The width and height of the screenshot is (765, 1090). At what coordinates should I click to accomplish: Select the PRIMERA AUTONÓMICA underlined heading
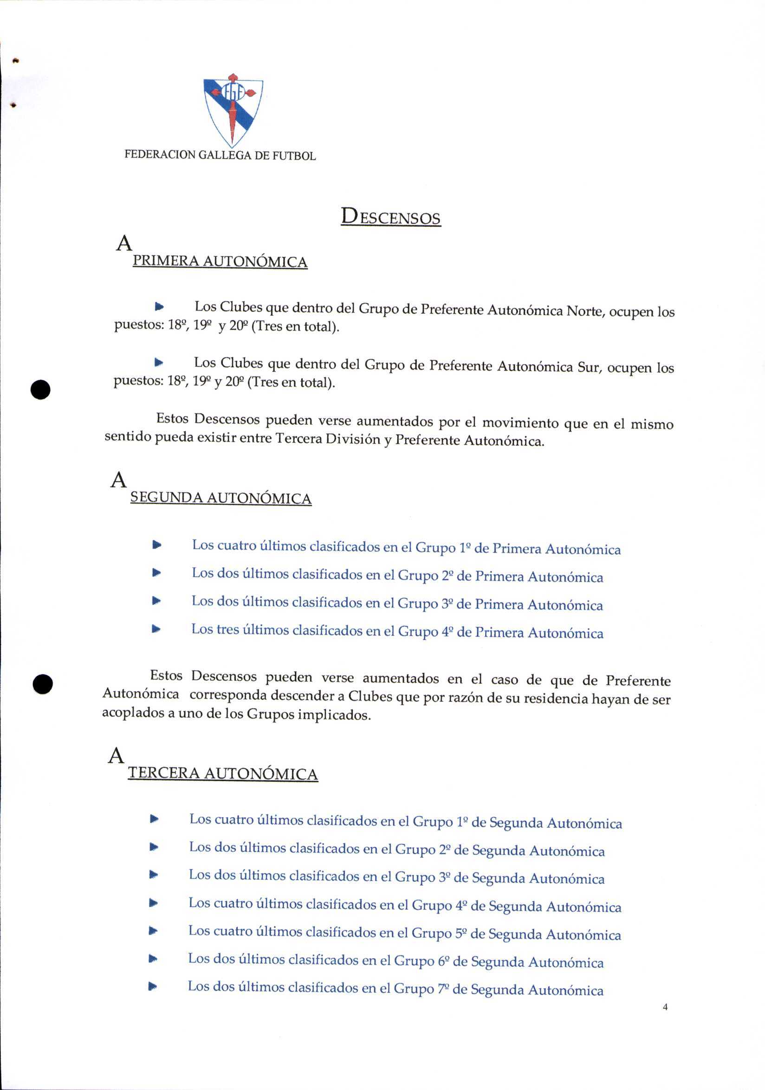pyautogui.click(x=220, y=261)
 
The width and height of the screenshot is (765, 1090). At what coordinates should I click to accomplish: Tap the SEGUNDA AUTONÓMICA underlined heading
pyautogui.click(x=220, y=498)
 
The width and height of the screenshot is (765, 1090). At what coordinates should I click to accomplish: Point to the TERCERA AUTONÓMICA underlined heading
pyautogui.click(x=222, y=773)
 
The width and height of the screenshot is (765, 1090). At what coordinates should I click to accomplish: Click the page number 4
pyautogui.click(x=665, y=1007)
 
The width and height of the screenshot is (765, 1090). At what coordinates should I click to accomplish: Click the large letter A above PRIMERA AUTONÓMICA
pyautogui.click(x=124, y=244)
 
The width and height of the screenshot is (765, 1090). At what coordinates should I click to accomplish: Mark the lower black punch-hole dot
pyautogui.click(x=43, y=684)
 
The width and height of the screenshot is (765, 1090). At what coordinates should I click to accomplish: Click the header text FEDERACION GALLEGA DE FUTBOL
pyautogui.click(x=220, y=155)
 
